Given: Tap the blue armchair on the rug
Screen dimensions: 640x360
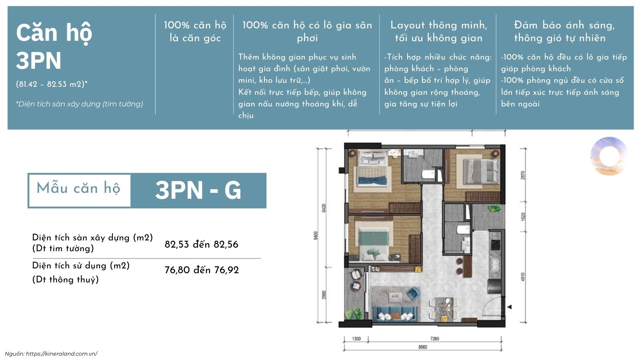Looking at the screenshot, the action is (414, 294).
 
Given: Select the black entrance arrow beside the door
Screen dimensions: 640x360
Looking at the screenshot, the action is (509, 307).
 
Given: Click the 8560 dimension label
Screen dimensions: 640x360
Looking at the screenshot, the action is (422, 347).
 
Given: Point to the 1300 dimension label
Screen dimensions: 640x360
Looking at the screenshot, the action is (356, 339).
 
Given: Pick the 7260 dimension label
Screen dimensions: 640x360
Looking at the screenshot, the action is (434, 339).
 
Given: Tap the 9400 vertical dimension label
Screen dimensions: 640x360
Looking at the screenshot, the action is (316, 236).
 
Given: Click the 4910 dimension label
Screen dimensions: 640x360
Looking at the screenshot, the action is (523, 277).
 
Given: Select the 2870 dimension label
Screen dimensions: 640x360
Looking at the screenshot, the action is (523, 175).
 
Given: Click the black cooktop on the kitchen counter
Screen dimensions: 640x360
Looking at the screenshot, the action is (495, 245).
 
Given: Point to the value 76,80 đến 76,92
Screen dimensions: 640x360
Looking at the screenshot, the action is (202, 270).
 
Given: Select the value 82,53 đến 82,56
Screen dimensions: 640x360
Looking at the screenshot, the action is (201, 244).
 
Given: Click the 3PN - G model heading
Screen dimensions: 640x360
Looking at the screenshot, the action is (198, 190).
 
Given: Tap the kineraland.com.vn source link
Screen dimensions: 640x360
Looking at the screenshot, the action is (62, 354).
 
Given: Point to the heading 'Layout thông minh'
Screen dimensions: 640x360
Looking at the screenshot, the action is (439, 25).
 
